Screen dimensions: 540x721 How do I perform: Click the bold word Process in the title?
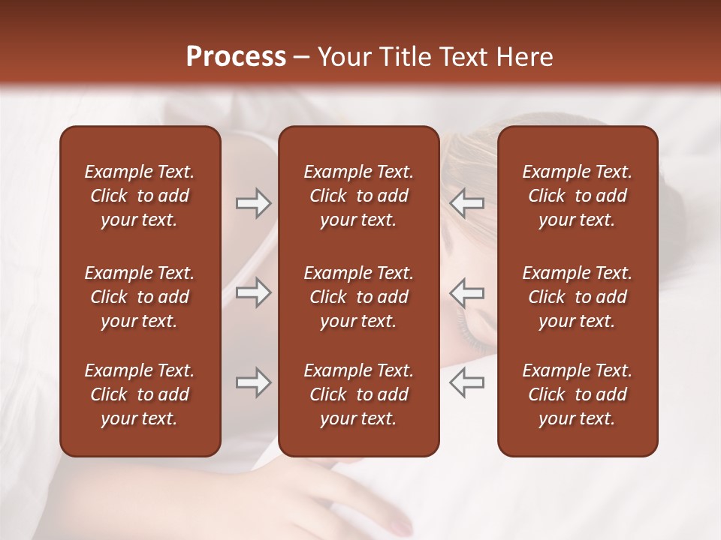(236, 57)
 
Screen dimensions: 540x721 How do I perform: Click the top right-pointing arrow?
(253, 203)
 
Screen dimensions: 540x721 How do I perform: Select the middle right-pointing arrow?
(253, 292)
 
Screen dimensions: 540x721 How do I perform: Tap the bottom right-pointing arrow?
(253, 382)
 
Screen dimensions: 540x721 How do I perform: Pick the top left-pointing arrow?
(467, 203)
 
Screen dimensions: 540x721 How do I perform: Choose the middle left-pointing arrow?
(467, 292)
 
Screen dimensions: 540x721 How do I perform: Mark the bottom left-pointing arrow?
(467, 382)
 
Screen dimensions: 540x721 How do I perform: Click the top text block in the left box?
(140, 196)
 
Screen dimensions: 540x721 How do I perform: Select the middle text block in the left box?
(140, 297)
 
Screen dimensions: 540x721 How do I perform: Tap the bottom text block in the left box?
(140, 394)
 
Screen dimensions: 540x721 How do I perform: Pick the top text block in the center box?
(359, 196)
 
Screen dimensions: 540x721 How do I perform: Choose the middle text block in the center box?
(359, 297)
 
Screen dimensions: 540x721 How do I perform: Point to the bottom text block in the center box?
(359, 394)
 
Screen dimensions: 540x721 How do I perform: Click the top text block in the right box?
(578, 196)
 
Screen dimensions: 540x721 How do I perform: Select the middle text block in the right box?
(578, 297)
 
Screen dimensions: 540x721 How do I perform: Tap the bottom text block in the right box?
(578, 394)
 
